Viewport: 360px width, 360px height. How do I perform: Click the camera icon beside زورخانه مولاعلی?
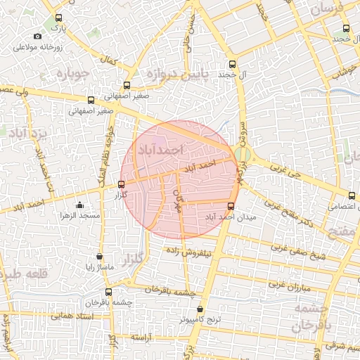pos(37,36)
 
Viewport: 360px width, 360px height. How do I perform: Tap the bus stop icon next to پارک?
pos(58,19)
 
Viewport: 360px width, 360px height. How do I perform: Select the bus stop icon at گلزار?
pos(121,185)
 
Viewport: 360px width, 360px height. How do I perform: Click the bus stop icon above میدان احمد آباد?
pos(231,206)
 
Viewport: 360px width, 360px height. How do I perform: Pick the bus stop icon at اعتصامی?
pos(352,195)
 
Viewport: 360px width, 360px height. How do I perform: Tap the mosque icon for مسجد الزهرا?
pos(79,205)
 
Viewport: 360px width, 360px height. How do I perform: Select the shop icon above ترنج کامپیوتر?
pos(200,309)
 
